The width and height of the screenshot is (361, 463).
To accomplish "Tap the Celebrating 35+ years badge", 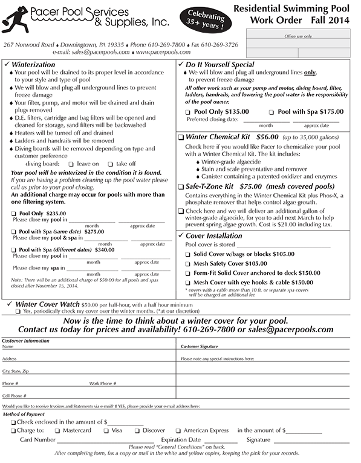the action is pos(209,20).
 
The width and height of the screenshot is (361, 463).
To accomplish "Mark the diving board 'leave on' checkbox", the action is pos(71,164).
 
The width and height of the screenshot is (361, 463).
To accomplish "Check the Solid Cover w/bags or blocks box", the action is pos(188,255).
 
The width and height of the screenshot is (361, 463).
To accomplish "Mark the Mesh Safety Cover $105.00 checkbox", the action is pos(188,264).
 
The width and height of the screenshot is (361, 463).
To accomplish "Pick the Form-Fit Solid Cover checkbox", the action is pos(188,274).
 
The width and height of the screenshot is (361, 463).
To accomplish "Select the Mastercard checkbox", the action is pos(58,430).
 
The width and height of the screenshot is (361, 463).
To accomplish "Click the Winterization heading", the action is pos(37,64).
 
